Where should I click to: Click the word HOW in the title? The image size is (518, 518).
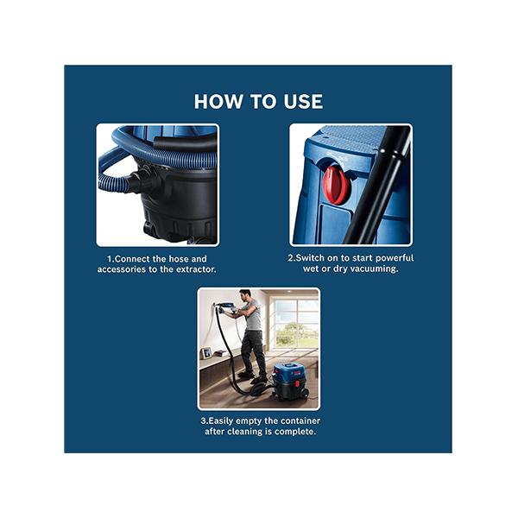click(218, 101)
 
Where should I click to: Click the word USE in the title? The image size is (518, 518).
click(303, 101)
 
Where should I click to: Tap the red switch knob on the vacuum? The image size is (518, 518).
click(335, 185)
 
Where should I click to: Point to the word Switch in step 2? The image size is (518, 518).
click(310, 257)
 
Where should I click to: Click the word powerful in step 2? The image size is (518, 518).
click(395, 258)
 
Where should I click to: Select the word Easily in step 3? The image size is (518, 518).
click(221, 421)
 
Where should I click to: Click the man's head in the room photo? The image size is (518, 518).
click(245, 295)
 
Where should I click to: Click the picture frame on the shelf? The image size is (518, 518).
click(207, 353)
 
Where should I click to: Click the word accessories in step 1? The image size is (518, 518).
click(122, 269)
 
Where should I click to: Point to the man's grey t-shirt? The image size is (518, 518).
click(252, 315)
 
